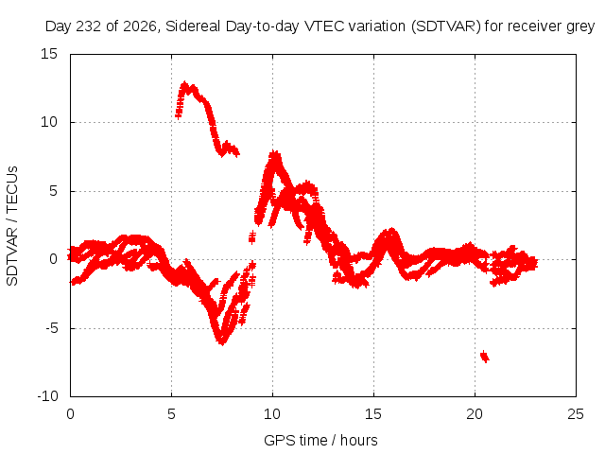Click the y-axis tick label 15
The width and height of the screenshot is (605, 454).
click(49, 54)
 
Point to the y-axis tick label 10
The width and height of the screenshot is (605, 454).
click(49, 122)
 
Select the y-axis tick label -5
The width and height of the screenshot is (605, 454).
click(52, 328)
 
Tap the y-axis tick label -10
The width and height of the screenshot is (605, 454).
click(47, 396)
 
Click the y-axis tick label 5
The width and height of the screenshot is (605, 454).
click(53, 191)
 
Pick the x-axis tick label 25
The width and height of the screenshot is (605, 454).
click(576, 414)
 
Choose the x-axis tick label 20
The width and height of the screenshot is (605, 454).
click(475, 414)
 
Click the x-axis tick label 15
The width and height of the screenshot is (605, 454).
click(373, 414)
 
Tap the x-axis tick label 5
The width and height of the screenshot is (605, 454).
click(171, 414)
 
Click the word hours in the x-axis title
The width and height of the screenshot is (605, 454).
click(359, 441)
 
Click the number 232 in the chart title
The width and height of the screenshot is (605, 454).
click(88, 26)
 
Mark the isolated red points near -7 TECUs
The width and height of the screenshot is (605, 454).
click(485, 357)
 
